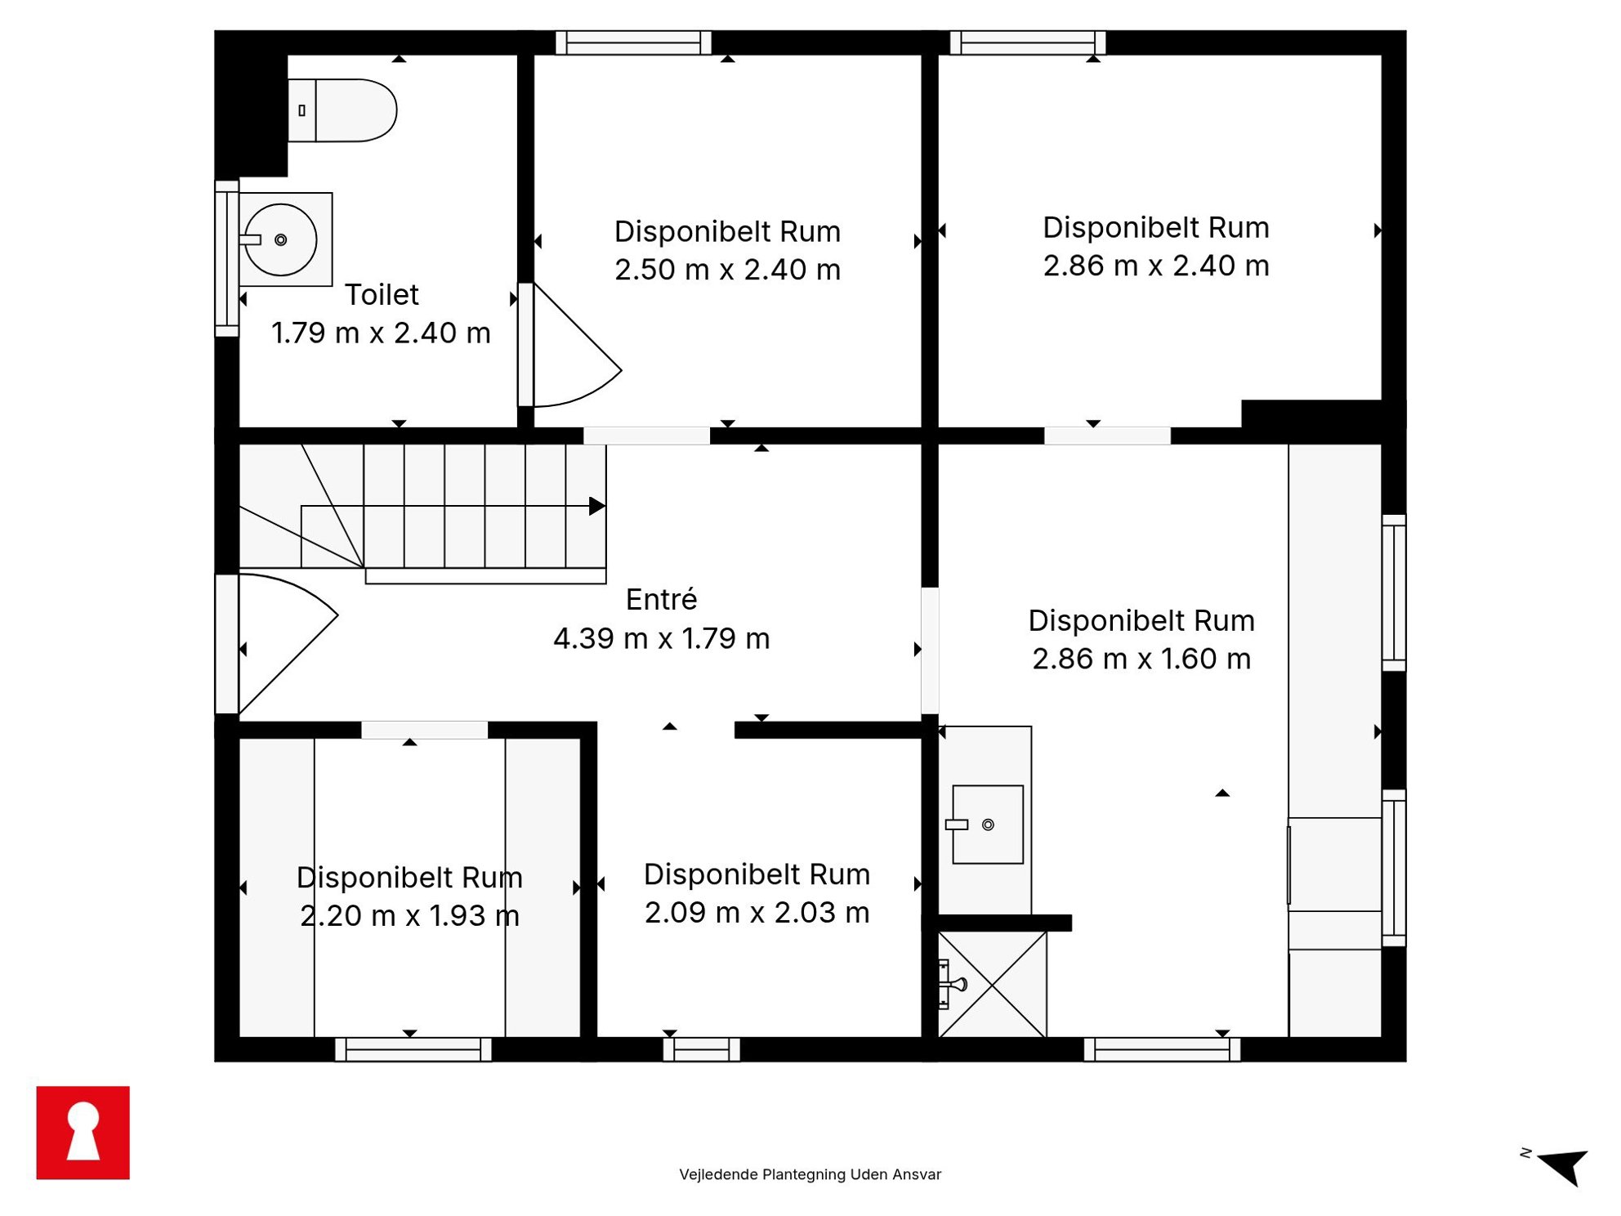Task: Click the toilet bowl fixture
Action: pos(342,110)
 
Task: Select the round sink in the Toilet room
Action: pos(280,239)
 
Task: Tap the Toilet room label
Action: pos(382,294)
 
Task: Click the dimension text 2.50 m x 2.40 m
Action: pos(727,270)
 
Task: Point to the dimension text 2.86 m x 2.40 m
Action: pos(1156,266)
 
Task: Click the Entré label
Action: pos(662,599)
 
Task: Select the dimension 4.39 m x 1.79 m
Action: pos(662,638)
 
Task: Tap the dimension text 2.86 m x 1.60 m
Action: pos(1141,659)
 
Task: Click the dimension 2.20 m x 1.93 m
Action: pos(410,915)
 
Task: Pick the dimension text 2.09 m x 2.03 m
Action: pos(757,912)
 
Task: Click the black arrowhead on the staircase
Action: pos(597,506)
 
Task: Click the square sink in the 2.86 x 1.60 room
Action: pos(988,825)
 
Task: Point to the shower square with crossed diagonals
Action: pos(992,985)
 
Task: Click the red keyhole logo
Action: pos(83,1133)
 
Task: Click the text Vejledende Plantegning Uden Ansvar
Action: pos(810,1174)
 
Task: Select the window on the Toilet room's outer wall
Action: pos(226,258)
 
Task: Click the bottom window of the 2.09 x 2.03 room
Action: pos(701,1049)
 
